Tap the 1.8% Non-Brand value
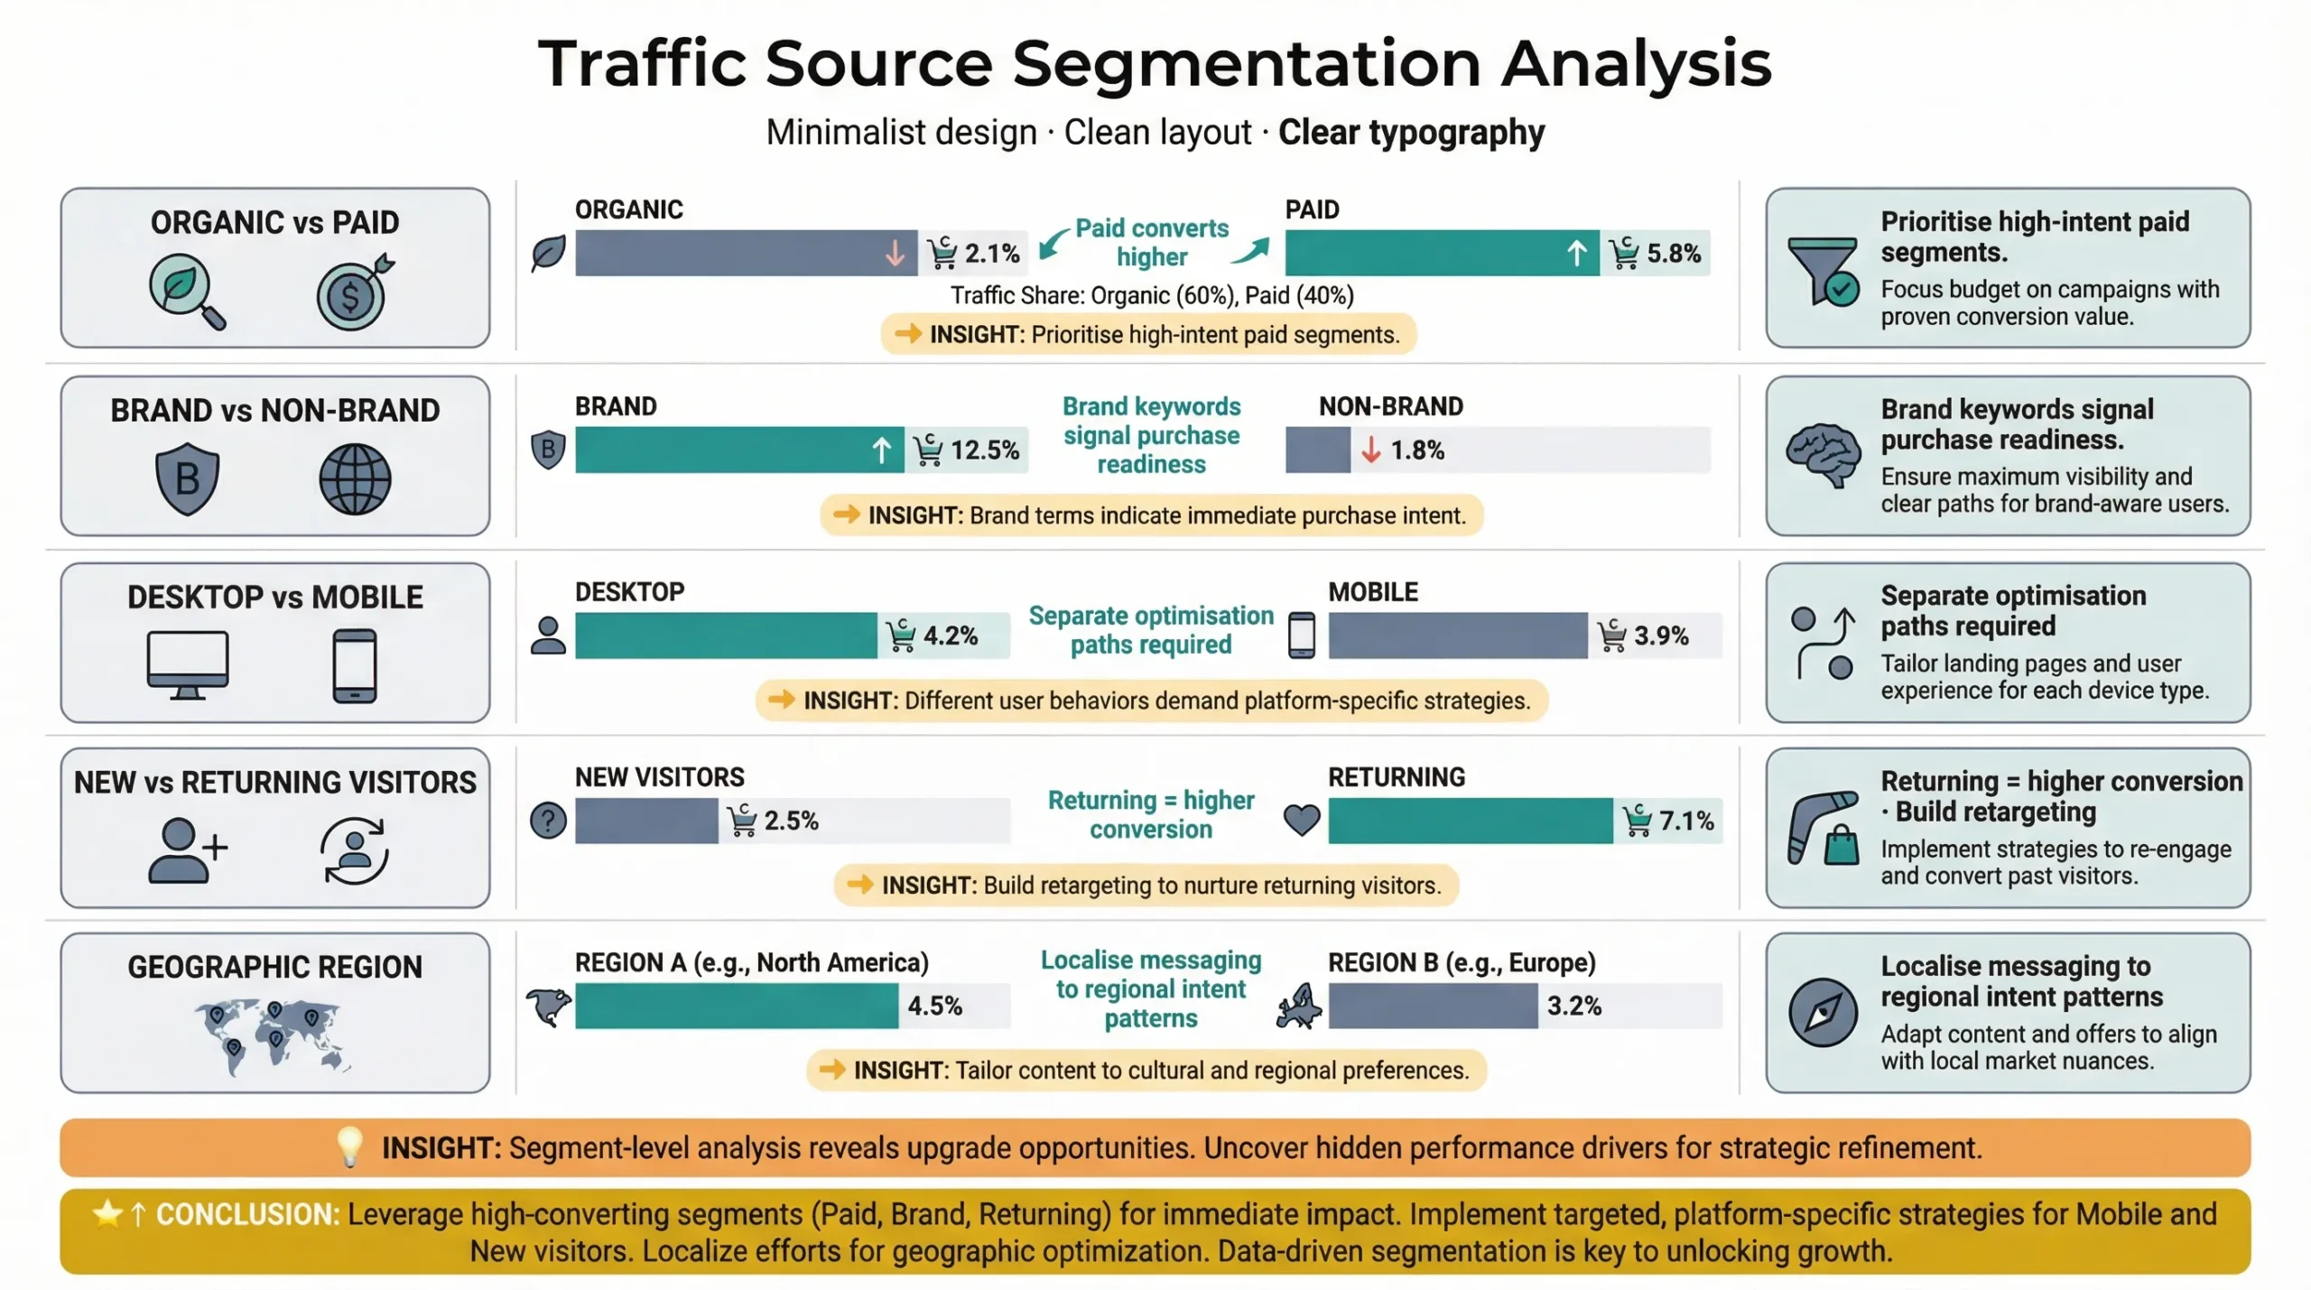coord(1416,450)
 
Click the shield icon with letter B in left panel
coord(187,478)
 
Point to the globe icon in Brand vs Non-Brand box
coord(355,478)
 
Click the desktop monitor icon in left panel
coord(188,664)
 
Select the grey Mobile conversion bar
coord(1457,636)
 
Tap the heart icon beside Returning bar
coord(1301,820)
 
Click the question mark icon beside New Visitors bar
coord(548,821)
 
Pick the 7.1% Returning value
coord(1685,821)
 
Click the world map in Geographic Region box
coord(271,1035)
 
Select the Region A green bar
coord(736,1006)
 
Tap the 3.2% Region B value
coord(1573,1006)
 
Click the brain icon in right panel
coord(1823,454)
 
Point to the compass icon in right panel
coord(1823,1012)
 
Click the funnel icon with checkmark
coord(1823,270)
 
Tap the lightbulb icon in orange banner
coord(349,1146)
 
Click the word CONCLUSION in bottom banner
coord(247,1214)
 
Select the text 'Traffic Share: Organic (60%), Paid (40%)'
coord(1151,296)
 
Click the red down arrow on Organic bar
coord(894,254)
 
